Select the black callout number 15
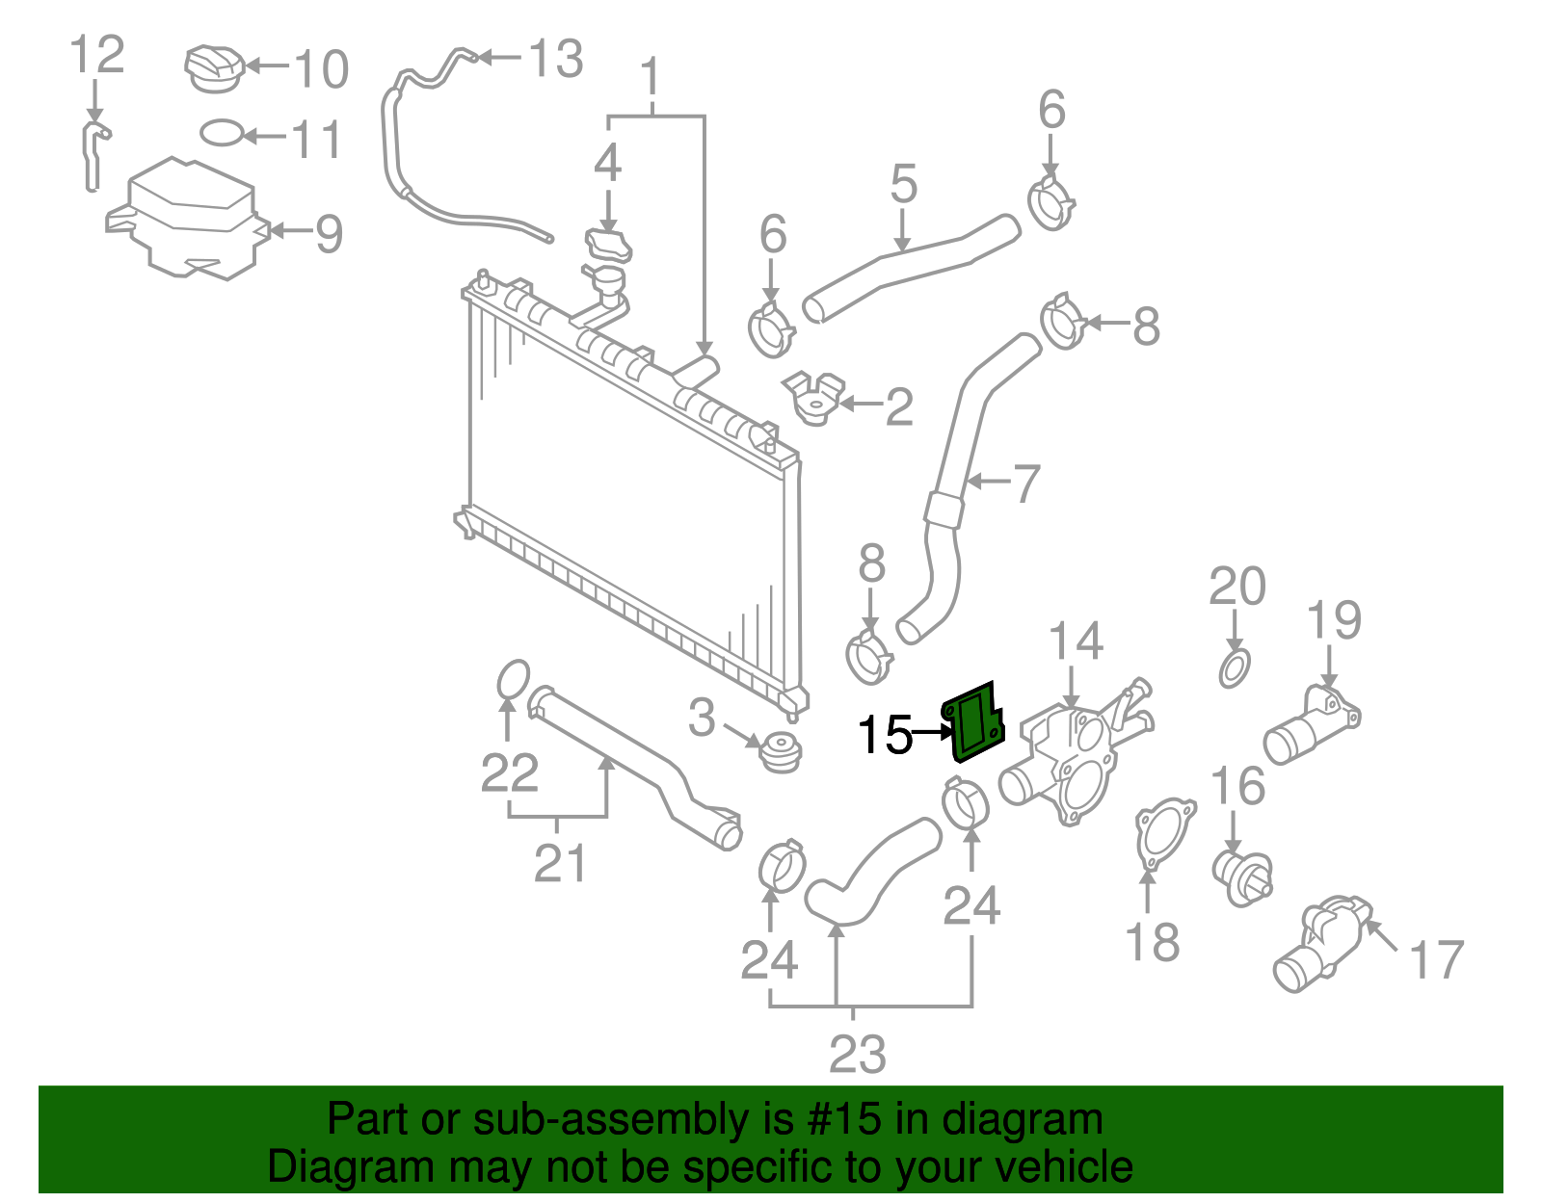tap(885, 735)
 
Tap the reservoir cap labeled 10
tap(215, 67)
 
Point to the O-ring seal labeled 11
tap(221, 133)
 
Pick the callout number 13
tap(556, 59)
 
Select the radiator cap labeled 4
tap(608, 245)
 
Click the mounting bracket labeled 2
tap(815, 398)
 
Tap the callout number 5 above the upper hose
tap(903, 183)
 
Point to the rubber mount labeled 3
tap(780, 751)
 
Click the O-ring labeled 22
tap(513, 679)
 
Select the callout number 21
tap(560, 863)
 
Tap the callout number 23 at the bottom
tap(857, 1054)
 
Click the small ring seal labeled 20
tap(1235, 667)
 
